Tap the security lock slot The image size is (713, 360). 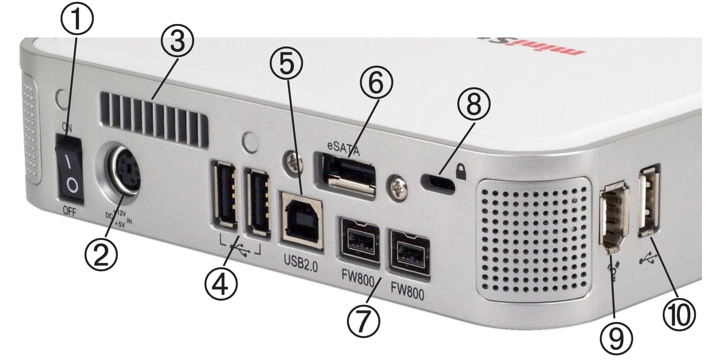tap(437, 183)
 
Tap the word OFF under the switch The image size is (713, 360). tap(70, 212)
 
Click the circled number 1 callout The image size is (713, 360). tap(77, 18)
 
